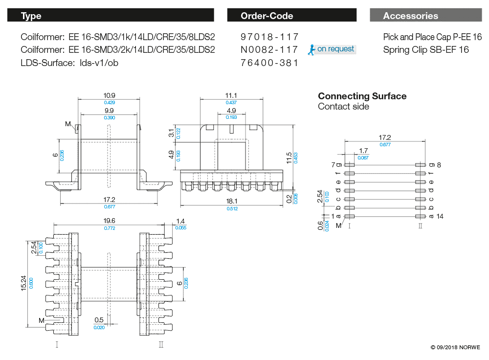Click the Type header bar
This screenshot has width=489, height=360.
tap(111, 16)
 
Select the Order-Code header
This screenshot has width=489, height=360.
tap(291, 16)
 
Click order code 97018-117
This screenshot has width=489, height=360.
tap(269, 37)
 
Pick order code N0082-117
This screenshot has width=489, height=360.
tap(269, 49)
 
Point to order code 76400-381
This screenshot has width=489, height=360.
tap(269, 63)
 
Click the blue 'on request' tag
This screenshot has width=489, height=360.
tap(335, 49)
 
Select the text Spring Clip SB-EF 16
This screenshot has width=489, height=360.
tap(426, 49)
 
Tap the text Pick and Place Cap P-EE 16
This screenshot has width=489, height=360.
tap(432, 37)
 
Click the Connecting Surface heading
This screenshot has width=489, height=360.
tap(362, 96)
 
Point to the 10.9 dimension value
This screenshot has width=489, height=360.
tap(109, 95)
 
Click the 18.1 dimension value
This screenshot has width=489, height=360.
tap(232, 201)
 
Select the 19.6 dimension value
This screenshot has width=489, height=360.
tap(109, 221)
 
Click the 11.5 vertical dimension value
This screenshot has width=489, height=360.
tap(289, 157)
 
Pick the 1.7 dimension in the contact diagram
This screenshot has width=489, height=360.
tap(363, 151)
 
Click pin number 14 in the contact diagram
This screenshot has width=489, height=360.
tap(440, 216)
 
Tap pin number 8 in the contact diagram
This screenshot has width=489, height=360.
tap(439, 165)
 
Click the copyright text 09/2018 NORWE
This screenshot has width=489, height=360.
tap(456, 347)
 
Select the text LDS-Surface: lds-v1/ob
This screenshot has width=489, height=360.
tap(69, 63)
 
